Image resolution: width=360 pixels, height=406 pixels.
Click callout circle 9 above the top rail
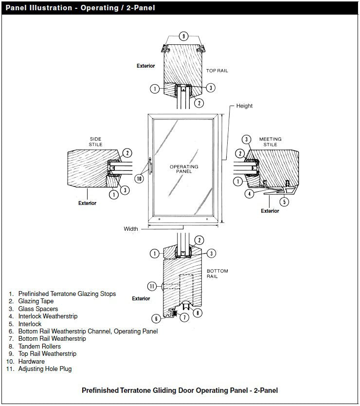183,36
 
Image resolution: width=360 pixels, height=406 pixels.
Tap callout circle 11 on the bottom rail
152,286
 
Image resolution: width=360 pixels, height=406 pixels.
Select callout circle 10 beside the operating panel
140,179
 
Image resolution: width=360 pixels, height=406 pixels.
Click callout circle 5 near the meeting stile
285,202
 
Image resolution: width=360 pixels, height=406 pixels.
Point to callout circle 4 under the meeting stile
249,194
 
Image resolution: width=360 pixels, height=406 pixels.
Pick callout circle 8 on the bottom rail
197,313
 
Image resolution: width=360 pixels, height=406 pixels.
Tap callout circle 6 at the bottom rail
156,318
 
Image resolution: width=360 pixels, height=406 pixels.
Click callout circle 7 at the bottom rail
184,318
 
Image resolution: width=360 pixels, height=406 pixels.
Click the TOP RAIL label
217,71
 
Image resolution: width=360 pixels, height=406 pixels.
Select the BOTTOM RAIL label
217,274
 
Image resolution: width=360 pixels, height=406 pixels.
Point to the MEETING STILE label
270,142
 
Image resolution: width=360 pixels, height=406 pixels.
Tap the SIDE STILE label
96,142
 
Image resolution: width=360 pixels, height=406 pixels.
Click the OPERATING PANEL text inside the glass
184,169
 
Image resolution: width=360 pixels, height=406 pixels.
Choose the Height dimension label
244,106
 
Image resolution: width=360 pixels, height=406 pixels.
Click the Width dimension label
131,229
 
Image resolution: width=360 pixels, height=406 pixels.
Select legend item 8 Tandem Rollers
39,346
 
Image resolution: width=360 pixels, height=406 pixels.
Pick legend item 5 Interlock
30,324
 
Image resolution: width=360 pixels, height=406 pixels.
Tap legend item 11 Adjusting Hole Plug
45,369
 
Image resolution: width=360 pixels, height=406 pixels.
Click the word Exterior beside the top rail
145,66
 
